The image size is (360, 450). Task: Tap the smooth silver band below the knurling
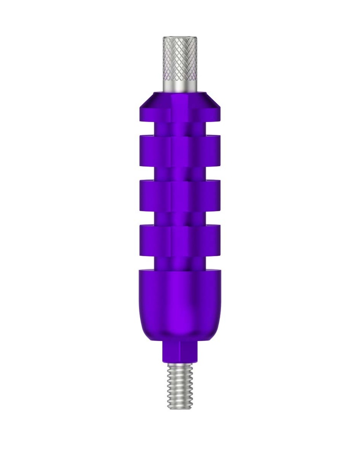180,83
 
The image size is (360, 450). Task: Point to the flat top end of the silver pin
180,38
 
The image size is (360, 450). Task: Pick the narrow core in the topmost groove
180,129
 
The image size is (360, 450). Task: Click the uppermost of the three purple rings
180,151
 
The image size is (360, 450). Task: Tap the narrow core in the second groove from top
180,173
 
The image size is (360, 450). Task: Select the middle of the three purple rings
180,196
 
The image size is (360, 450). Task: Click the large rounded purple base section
180,303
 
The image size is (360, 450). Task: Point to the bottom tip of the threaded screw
180,408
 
